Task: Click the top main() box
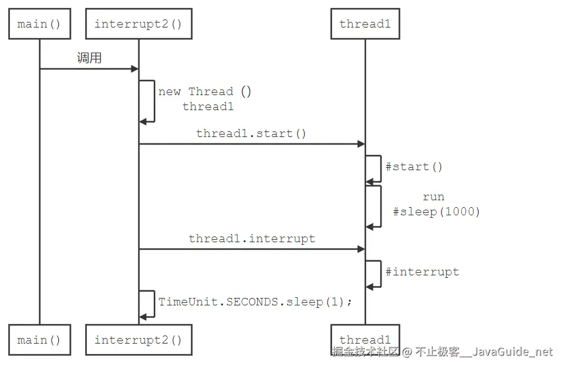tap(39, 24)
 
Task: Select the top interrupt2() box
tap(138, 24)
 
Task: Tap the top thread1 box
tap(365, 24)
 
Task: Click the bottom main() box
tap(39, 340)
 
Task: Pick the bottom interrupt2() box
tap(138, 340)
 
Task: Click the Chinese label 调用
tap(89, 58)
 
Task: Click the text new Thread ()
tap(205, 91)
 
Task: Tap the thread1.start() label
tap(251, 133)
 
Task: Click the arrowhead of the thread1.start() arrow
tap(361, 144)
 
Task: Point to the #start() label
tap(413, 166)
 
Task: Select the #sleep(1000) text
tap(436, 212)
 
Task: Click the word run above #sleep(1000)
tap(434, 197)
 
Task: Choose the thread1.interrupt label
tap(251, 238)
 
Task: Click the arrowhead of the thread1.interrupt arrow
tap(361, 249)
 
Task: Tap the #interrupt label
tap(422, 272)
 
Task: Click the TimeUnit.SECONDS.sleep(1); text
tap(255, 302)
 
